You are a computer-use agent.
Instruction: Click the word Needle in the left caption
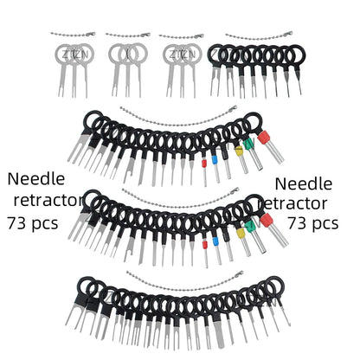pos(36,179)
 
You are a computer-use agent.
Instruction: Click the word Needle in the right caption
pos(304,184)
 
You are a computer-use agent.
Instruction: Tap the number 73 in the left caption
pos(16,223)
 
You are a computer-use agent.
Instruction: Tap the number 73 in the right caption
pos(298,223)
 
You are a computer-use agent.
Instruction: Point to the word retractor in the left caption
pos(48,200)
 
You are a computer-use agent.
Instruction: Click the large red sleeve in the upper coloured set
pos(265,138)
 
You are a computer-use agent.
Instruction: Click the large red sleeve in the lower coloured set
pos(267,220)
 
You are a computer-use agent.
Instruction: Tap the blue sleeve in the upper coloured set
pos(215,160)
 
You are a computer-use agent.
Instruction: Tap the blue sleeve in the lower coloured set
pos(215,241)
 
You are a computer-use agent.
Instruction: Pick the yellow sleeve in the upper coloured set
pos(239,151)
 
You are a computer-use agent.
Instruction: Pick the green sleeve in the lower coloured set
pos(250,226)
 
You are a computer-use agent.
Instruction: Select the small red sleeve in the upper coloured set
pos(204,164)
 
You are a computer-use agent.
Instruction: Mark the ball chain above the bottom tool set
pos(184,280)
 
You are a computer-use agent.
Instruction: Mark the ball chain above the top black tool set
pos(259,35)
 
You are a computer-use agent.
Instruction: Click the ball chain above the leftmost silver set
pos(73,35)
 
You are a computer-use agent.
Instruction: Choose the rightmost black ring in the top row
pos(296,55)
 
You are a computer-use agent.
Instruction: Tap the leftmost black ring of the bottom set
pos(87,286)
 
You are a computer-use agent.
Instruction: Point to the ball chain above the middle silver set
pos(128,35)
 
